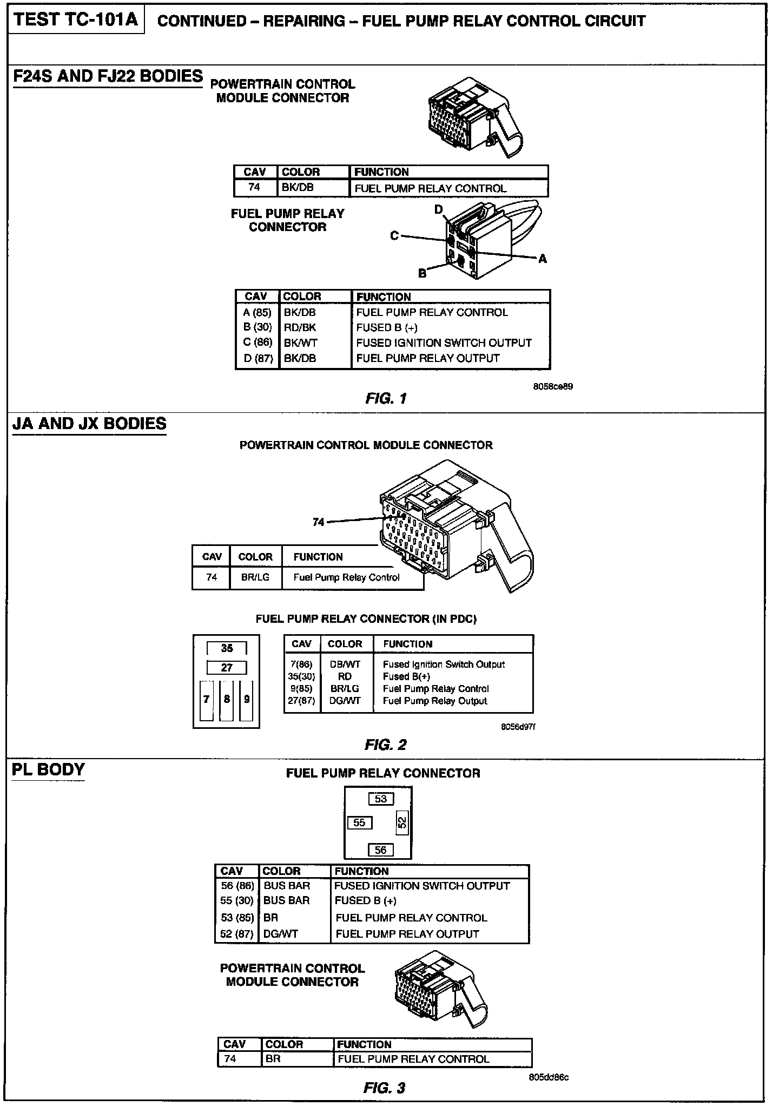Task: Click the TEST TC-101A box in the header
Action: tap(76, 20)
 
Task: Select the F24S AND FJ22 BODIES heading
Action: tap(108, 76)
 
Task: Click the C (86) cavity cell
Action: tap(258, 343)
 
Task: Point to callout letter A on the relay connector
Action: tap(543, 259)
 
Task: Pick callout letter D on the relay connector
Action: tap(439, 209)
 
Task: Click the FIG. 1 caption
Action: tap(386, 399)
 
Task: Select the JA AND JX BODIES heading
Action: tap(89, 423)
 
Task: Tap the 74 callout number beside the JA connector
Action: tap(319, 522)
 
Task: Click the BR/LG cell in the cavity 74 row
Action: tap(255, 577)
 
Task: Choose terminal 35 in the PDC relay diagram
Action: tap(227, 648)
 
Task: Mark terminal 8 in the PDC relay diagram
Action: tap(227, 699)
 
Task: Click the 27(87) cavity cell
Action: tap(301, 701)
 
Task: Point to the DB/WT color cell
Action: tap(345, 664)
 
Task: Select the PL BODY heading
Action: tap(48, 770)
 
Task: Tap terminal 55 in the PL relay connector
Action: tap(359, 823)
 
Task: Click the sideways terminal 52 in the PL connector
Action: tap(402, 823)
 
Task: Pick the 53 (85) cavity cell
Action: tap(237, 918)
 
